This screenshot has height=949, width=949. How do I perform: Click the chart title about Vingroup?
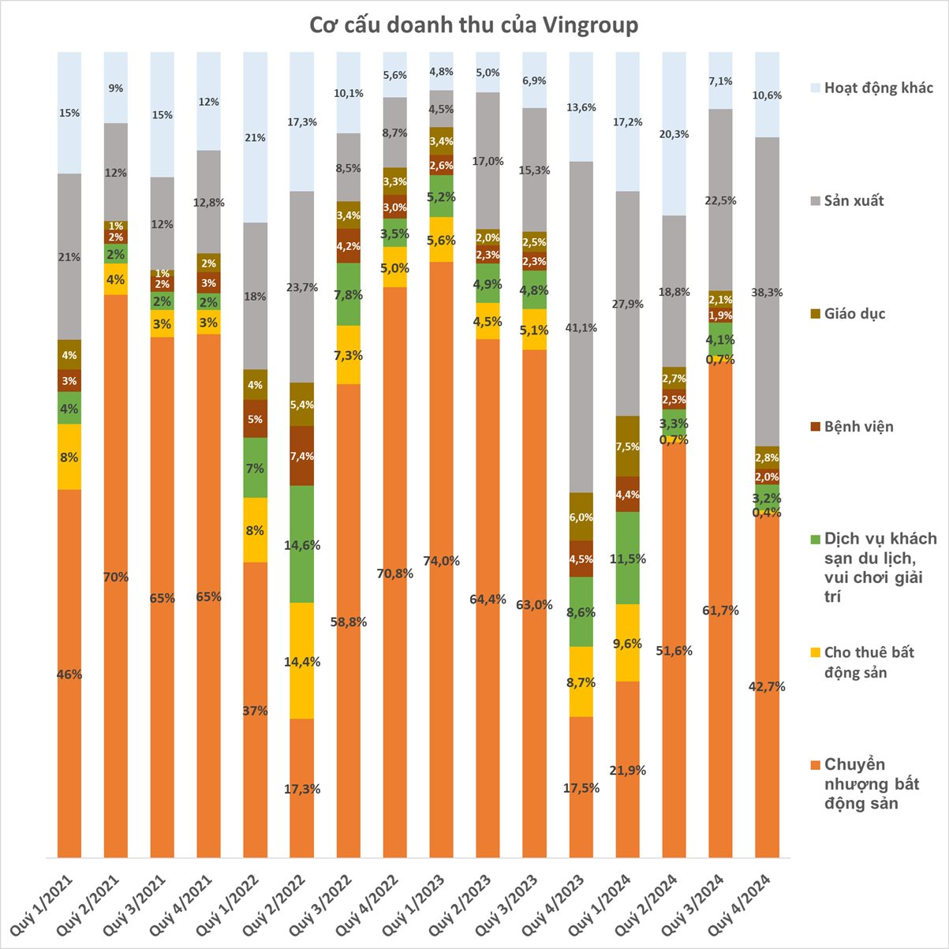tap(473, 25)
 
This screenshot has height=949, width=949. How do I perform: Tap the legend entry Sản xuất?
tap(854, 200)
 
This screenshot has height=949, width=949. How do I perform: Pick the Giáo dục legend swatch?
tap(815, 314)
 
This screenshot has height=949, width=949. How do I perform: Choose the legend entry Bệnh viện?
tap(858, 427)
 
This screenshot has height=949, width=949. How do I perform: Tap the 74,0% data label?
tap(441, 561)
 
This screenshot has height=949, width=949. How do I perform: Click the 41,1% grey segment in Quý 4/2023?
tap(581, 327)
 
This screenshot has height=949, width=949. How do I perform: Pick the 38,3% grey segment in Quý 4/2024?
tap(767, 292)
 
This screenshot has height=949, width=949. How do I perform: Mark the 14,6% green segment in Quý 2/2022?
tap(302, 544)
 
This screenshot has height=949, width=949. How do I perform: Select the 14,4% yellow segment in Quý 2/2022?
tap(302, 661)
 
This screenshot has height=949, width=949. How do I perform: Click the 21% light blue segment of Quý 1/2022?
tap(256, 138)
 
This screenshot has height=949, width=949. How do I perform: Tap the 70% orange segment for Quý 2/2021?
tap(116, 577)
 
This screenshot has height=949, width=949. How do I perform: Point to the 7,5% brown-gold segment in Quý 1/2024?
tap(627, 446)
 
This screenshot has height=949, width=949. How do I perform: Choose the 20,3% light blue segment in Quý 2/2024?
tap(674, 134)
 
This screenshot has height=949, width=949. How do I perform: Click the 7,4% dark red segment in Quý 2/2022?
tap(302, 456)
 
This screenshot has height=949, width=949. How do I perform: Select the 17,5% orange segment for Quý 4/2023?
tap(581, 787)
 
